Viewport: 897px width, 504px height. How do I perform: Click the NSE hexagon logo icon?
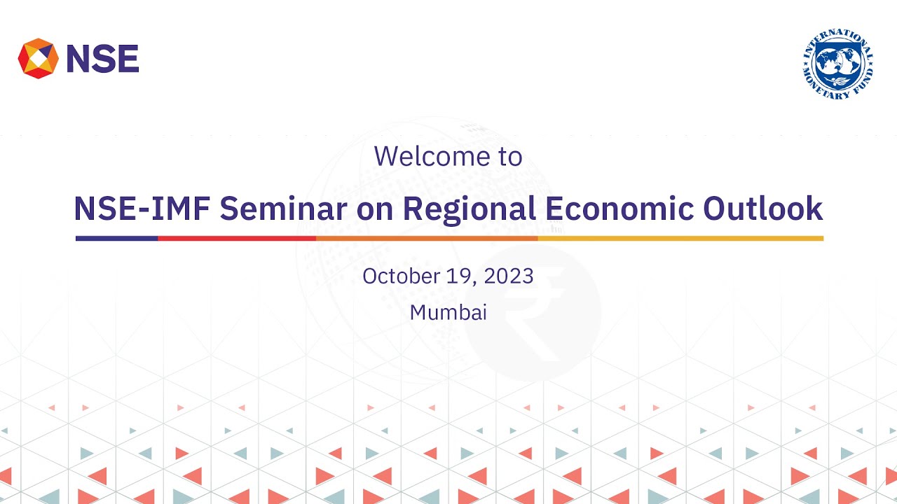[38, 59]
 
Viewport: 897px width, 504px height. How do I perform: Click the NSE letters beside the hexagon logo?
[102, 59]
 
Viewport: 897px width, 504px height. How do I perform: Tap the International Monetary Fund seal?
[838, 64]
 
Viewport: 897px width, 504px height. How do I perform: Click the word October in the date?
[401, 276]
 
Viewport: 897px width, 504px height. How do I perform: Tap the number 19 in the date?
[460, 276]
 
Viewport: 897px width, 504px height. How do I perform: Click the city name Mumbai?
[448, 312]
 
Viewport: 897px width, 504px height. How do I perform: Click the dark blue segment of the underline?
[117, 238]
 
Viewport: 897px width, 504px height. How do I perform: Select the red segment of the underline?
[237, 238]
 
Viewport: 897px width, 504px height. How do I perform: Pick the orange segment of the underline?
[426, 238]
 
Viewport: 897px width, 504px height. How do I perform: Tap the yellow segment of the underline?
[680, 238]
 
